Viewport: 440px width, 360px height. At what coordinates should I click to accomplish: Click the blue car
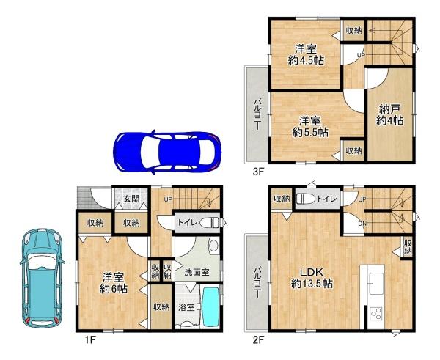(167, 152)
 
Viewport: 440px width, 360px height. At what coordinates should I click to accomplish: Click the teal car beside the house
(42, 279)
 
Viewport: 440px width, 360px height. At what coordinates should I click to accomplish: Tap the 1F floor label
(91, 339)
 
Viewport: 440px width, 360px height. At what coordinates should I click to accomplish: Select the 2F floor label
(258, 340)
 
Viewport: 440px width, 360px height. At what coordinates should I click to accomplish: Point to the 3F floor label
(258, 172)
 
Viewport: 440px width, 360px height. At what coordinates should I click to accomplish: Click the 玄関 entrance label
(131, 199)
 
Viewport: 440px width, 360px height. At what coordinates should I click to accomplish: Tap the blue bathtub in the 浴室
(210, 306)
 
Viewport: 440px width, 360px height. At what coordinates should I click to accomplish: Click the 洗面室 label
(197, 271)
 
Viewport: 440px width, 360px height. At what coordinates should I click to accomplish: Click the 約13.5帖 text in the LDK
(312, 284)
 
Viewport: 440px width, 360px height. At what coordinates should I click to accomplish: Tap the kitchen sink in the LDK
(376, 284)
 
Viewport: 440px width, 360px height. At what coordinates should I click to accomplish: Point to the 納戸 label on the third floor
(390, 109)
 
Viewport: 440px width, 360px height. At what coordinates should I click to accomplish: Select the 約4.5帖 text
(306, 60)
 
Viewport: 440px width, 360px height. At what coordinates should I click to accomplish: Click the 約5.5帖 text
(310, 132)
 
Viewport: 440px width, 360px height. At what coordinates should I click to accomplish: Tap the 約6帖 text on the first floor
(114, 288)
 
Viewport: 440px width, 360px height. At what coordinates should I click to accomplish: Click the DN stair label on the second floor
(362, 224)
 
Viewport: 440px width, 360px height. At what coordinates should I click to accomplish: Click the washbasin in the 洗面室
(214, 246)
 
